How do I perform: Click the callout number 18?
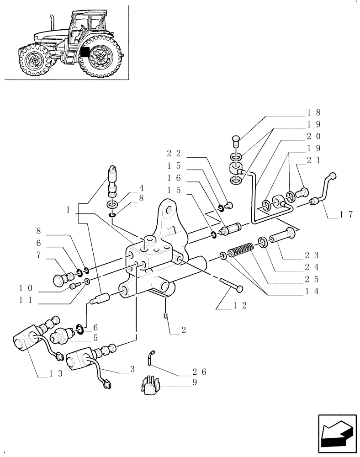coord(314,112)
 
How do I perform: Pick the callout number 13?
coord(56,373)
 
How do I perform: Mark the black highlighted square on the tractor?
coord(83,52)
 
